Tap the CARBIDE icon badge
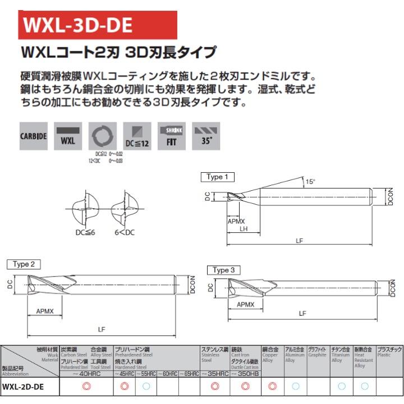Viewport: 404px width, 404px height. pos(34,136)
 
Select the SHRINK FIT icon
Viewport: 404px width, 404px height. pos(171,136)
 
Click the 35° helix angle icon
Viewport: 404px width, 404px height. pos(205,136)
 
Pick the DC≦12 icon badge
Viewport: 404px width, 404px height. pos(137,136)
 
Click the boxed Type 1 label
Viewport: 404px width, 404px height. pos(217,177)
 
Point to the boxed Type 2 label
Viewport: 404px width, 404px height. pos(24,264)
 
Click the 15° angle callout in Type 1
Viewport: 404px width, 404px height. pos(310,181)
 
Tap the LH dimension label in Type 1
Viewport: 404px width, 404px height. pos(244,229)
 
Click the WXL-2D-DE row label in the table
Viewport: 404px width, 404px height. pos(24,386)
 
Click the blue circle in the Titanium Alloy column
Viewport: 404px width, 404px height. pos(341,386)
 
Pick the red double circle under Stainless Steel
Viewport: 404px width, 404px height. pos(214,386)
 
